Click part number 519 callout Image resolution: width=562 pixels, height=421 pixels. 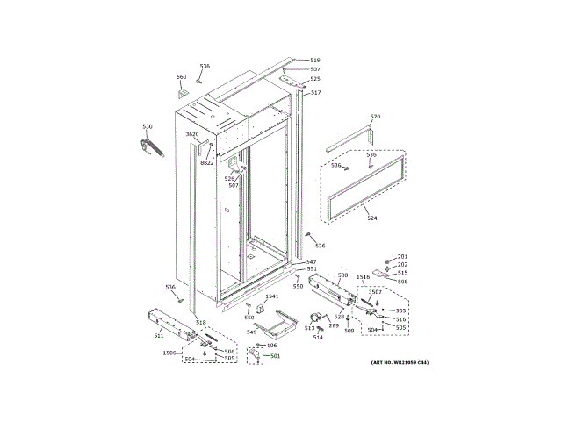pyautogui.click(x=315, y=61)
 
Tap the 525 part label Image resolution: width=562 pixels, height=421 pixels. pyautogui.click(x=315, y=79)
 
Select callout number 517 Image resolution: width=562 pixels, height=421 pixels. pyautogui.click(x=315, y=93)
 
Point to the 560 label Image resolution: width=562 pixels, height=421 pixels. pyautogui.click(x=182, y=76)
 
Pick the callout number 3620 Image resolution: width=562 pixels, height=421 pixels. pyautogui.click(x=192, y=134)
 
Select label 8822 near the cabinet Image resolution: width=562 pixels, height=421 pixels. pyautogui.click(x=207, y=163)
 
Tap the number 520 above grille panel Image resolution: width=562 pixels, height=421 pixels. pyautogui.click(x=375, y=117)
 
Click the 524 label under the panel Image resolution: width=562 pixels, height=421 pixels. pyautogui.click(x=371, y=218)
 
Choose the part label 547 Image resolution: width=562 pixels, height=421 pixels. pyautogui.click(x=311, y=262)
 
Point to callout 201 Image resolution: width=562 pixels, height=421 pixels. pyautogui.click(x=403, y=256)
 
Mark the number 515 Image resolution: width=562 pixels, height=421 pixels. pyautogui.click(x=402, y=273)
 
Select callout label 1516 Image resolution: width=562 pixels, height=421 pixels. pyautogui.click(x=363, y=276)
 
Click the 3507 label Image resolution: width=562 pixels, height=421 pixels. pyautogui.click(x=375, y=292)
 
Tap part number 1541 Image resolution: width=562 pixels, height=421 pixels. pyautogui.click(x=271, y=296)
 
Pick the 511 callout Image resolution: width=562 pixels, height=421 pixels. pyautogui.click(x=159, y=336)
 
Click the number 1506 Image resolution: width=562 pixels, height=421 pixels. pyautogui.click(x=169, y=353)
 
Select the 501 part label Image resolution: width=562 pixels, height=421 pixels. pyautogui.click(x=275, y=355)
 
